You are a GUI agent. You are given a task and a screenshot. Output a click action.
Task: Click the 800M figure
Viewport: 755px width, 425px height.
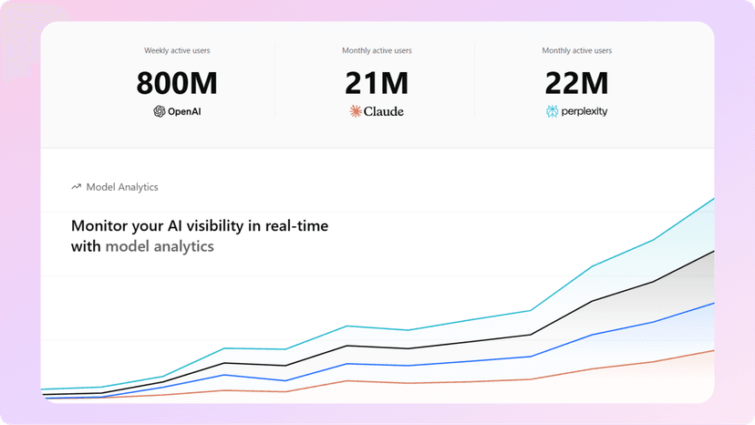[x=177, y=83]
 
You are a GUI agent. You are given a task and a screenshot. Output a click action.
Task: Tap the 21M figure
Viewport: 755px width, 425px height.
[x=377, y=83]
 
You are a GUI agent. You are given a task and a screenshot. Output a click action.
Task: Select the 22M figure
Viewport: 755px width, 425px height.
[x=576, y=83]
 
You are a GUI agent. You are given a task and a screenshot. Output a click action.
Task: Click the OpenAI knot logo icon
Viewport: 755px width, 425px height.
[x=160, y=111]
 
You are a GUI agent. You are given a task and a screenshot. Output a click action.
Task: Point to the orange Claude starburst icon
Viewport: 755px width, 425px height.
[x=356, y=111]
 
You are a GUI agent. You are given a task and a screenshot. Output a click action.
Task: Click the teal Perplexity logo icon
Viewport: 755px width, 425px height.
[x=552, y=111]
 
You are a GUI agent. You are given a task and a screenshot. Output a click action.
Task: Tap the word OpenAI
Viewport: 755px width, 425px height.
[x=184, y=111]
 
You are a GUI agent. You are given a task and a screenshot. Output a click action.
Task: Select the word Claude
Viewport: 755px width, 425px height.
[x=384, y=111]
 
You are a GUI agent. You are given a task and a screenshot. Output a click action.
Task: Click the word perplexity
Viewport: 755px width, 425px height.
[x=584, y=112]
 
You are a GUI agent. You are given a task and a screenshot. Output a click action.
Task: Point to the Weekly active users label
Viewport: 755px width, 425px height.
[x=177, y=50]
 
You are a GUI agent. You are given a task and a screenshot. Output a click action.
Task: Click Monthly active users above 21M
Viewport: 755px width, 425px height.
[x=377, y=50]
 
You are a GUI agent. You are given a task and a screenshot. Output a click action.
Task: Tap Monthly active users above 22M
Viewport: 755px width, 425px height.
[x=577, y=50]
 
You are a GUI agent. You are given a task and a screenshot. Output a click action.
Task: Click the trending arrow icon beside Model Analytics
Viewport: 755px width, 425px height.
[x=76, y=186]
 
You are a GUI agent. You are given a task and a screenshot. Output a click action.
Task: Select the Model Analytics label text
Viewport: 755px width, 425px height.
[x=122, y=187]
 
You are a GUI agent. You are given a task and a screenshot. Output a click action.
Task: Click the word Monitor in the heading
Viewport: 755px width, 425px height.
[x=98, y=225]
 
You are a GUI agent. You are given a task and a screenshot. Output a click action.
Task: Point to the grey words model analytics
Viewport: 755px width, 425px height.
[x=160, y=247]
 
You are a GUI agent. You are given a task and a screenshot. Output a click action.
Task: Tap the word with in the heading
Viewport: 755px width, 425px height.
[x=86, y=246]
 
